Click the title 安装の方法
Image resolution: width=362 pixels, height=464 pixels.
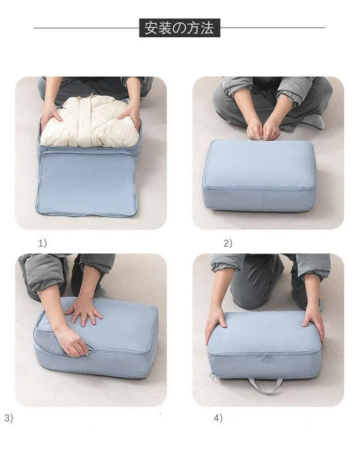pyautogui.click(x=179, y=28)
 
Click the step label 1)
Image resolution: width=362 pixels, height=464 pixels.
pyautogui.click(x=42, y=243)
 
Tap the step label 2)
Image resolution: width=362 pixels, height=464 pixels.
pyautogui.click(x=228, y=243)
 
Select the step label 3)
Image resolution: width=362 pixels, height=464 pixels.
pyautogui.click(x=9, y=418)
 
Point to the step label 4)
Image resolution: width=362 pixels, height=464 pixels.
pyautogui.click(x=218, y=418)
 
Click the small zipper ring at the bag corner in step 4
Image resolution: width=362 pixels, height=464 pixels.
pyautogui.click(x=212, y=376)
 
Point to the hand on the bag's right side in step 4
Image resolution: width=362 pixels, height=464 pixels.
pyautogui.click(x=313, y=323)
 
